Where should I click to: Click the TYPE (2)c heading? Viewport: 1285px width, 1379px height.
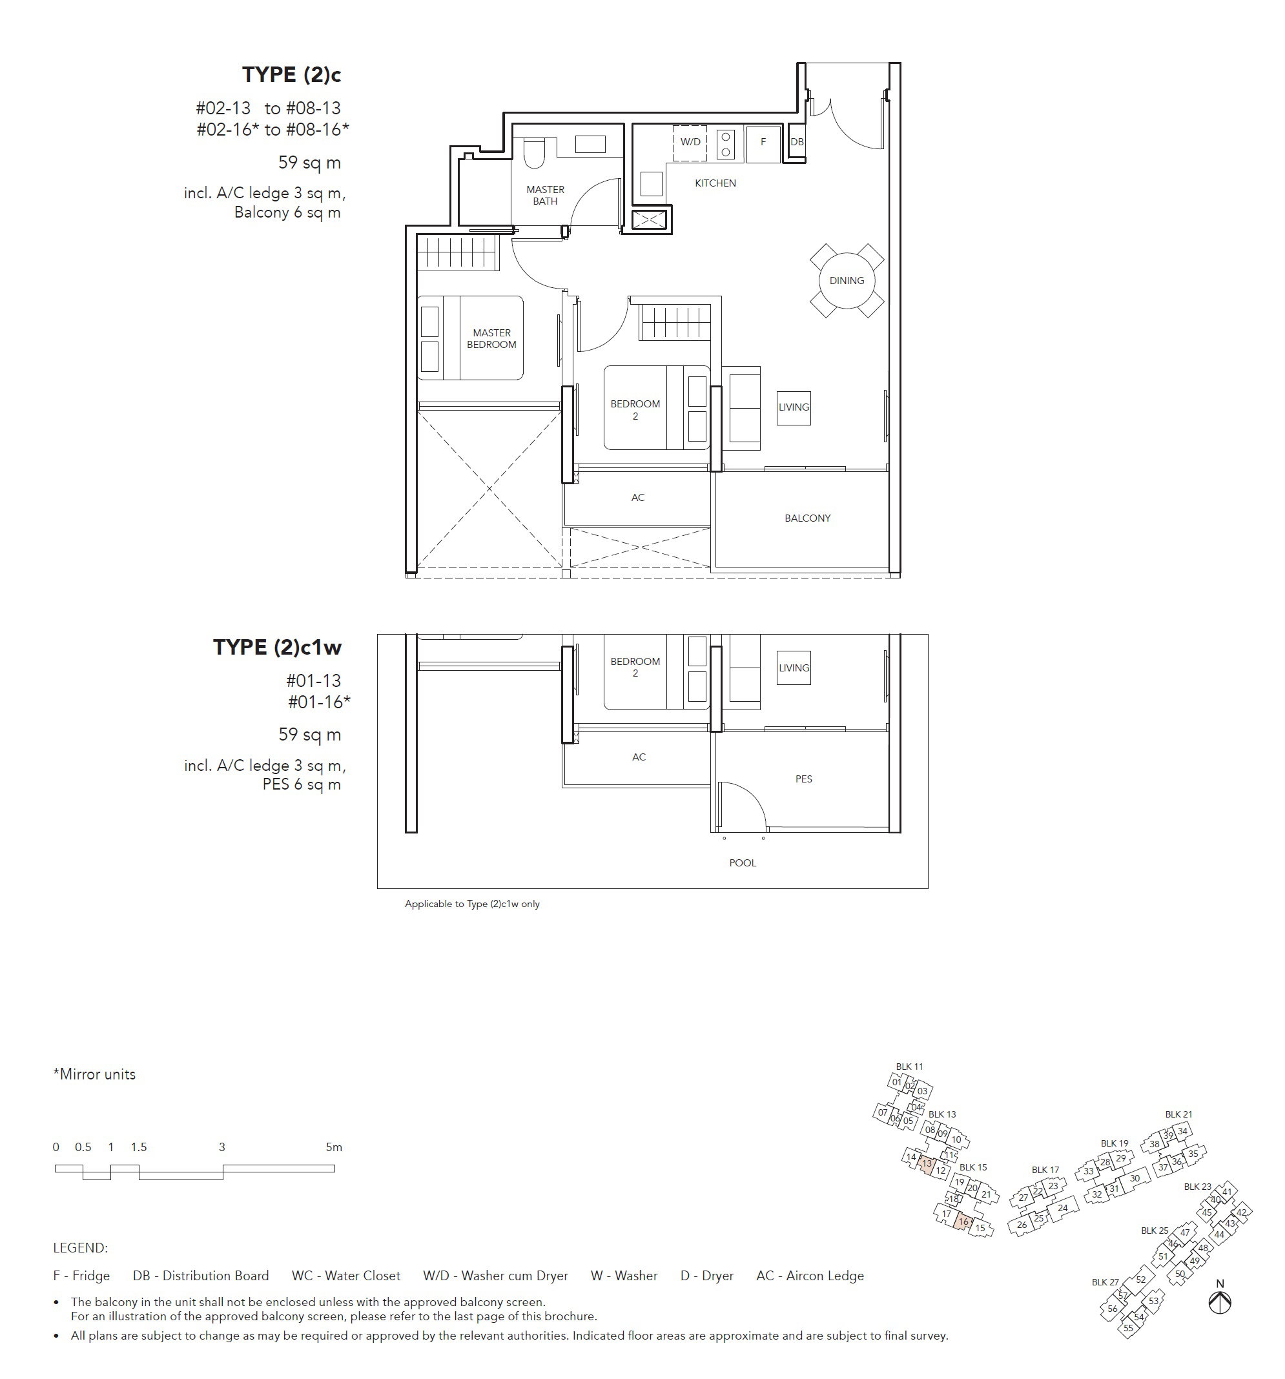(x=291, y=75)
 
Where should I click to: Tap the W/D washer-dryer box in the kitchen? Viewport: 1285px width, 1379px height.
(x=690, y=143)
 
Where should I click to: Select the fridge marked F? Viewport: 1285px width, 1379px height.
(x=763, y=143)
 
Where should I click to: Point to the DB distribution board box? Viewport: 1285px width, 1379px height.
(x=797, y=142)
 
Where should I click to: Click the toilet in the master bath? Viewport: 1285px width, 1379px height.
(x=534, y=152)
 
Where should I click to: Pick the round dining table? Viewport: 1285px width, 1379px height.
(x=847, y=280)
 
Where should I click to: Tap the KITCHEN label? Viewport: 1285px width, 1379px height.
(x=715, y=183)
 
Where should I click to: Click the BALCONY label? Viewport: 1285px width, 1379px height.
(x=807, y=518)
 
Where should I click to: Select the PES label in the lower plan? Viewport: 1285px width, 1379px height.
(x=803, y=779)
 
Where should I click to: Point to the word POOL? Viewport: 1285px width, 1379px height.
(x=743, y=863)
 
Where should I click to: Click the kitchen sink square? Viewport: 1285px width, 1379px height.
(x=652, y=184)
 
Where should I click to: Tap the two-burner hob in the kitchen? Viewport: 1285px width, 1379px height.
(x=726, y=144)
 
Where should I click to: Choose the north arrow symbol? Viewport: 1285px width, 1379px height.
(x=1220, y=1302)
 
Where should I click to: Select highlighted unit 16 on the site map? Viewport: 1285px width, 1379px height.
(x=963, y=1222)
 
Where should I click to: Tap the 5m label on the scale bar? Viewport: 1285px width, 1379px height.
(x=334, y=1147)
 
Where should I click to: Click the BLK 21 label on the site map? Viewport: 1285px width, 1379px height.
(x=1178, y=1114)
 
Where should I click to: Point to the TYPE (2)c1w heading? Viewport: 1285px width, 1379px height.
(x=277, y=647)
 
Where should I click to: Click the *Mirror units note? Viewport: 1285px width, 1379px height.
(x=94, y=1074)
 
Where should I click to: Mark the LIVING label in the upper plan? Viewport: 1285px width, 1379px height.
(x=794, y=407)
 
